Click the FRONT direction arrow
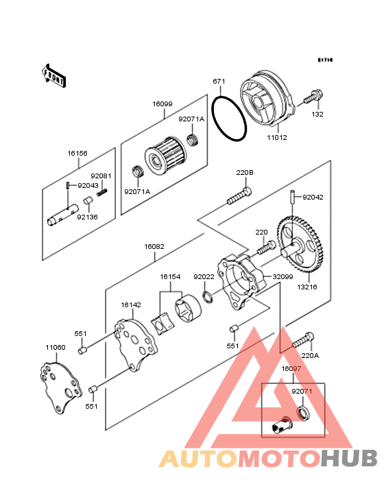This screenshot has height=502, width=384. click(53, 75)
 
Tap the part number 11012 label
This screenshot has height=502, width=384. click(277, 138)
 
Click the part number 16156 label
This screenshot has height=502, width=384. click(77, 154)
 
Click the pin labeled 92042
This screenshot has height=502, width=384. click(293, 197)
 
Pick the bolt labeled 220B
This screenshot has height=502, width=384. click(239, 196)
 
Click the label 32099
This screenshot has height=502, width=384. click(283, 276)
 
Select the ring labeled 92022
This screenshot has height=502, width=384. click(208, 297)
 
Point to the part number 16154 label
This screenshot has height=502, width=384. click(170, 276)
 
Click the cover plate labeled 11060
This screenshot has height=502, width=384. click(60, 387)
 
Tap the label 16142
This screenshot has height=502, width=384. click(131, 304)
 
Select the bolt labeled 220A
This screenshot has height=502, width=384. click(303, 340)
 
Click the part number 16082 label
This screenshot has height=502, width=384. click(154, 246)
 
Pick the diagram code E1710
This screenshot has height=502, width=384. click(326, 60)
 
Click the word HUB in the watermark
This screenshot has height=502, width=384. click(350, 458)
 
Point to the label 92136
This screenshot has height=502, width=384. click(87, 217)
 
